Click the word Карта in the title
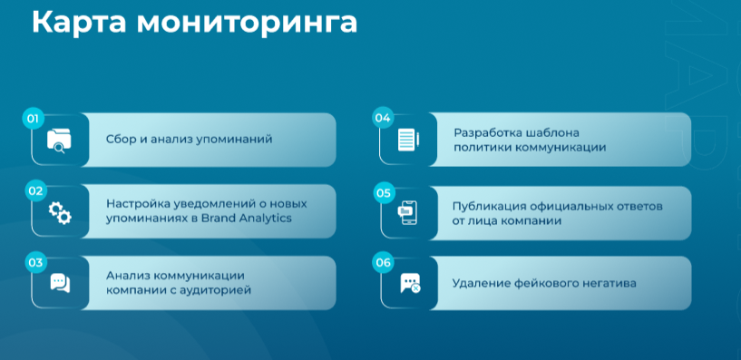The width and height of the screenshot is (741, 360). [x=79, y=22]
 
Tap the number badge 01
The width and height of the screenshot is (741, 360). [x=33, y=119]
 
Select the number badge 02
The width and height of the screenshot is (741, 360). [x=35, y=190]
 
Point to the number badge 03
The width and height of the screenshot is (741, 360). [x=35, y=263]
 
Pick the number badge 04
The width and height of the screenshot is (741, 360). [x=383, y=118]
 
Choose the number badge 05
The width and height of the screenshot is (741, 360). [x=384, y=193]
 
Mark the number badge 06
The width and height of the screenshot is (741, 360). [x=383, y=263]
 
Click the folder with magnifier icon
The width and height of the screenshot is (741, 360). [x=59, y=141]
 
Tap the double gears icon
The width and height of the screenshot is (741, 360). [x=60, y=212]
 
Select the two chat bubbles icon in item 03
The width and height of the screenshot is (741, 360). [x=60, y=283]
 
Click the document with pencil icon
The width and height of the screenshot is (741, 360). [x=408, y=140]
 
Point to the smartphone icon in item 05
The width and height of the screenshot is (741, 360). [x=407, y=212]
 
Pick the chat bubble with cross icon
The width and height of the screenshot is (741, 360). [x=410, y=284]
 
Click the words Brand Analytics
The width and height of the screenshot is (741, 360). [x=246, y=219]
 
